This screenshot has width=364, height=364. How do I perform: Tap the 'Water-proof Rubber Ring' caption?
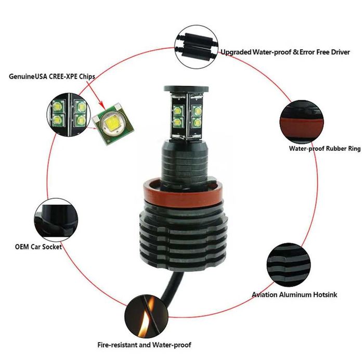(324, 148)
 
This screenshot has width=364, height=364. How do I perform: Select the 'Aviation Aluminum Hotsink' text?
(294, 295)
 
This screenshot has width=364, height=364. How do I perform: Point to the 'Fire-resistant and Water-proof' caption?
(144, 345)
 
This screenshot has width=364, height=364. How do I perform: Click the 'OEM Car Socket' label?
(38, 246)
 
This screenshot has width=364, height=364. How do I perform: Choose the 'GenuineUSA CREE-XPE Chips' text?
(52, 76)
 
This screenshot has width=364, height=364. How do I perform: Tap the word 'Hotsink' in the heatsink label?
(323, 295)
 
